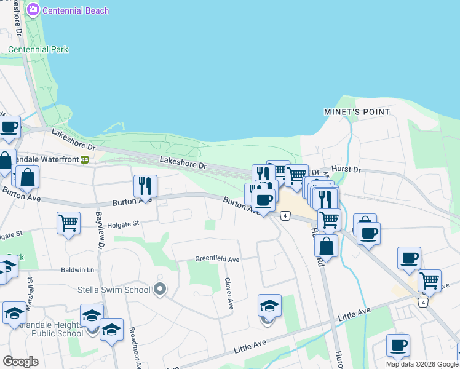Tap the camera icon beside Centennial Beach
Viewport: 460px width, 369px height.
point(33,10)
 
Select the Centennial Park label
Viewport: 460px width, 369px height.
point(38,49)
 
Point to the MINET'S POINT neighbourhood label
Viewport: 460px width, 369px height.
point(357,112)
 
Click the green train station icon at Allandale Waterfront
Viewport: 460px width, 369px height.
point(84,159)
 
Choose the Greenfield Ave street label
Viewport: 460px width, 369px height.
point(217,260)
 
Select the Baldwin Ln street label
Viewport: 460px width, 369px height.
point(77,270)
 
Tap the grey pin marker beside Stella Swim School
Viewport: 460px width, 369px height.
point(161,288)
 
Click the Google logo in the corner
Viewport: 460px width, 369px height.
point(20,361)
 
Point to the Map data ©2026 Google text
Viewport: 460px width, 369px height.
point(422,364)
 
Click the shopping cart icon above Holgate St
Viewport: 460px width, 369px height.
point(68,222)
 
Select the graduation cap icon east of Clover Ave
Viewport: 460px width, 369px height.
point(269,304)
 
